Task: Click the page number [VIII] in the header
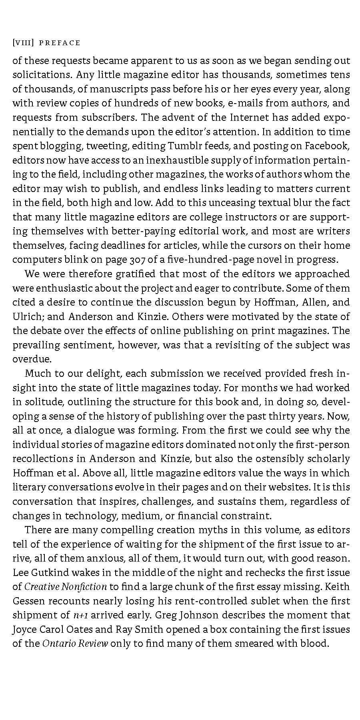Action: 23,43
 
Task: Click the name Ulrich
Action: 28,316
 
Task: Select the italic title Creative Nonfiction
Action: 66,587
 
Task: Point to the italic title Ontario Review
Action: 75,644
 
